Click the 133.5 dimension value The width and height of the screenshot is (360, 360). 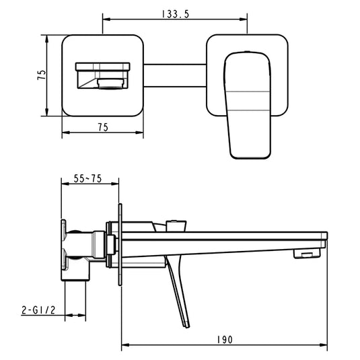point(175,12)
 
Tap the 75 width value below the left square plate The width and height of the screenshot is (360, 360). point(103,127)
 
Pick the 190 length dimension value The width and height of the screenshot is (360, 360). point(225,340)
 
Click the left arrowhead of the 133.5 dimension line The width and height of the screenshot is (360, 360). point(105,20)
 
